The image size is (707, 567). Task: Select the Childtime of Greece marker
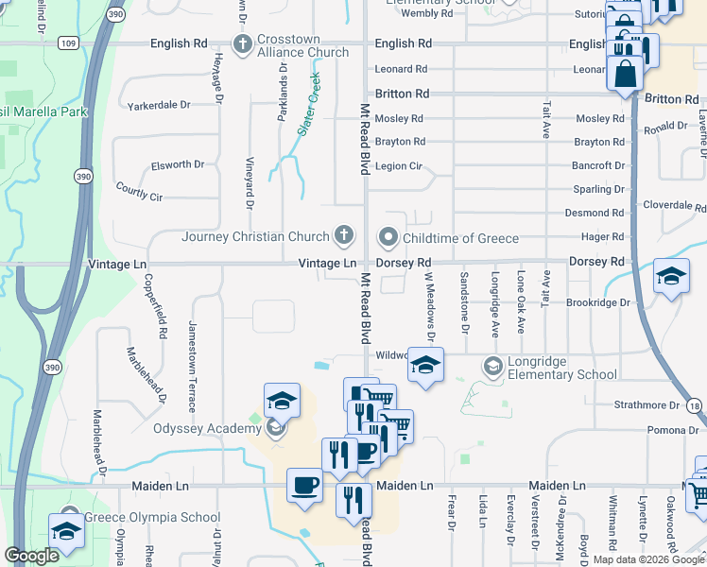pyautogui.click(x=388, y=236)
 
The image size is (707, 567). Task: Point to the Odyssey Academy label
pyautogui.click(x=207, y=428)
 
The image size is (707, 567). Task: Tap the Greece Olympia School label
pyautogui.click(x=152, y=517)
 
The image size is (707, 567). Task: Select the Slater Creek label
pyautogui.click(x=309, y=104)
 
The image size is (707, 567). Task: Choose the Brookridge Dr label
pyautogui.click(x=598, y=302)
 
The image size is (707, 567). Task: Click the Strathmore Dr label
pyautogui.click(x=647, y=404)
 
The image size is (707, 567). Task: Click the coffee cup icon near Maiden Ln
pyautogui.click(x=304, y=486)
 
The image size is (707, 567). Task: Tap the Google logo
pyautogui.click(x=32, y=556)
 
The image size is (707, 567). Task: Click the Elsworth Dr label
pyautogui.click(x=178, y=165)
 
